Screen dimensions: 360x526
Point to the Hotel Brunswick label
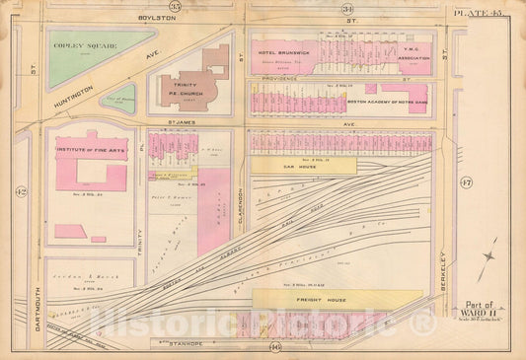tap(285, 49)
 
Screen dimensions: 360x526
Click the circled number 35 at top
tap(176, 8)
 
